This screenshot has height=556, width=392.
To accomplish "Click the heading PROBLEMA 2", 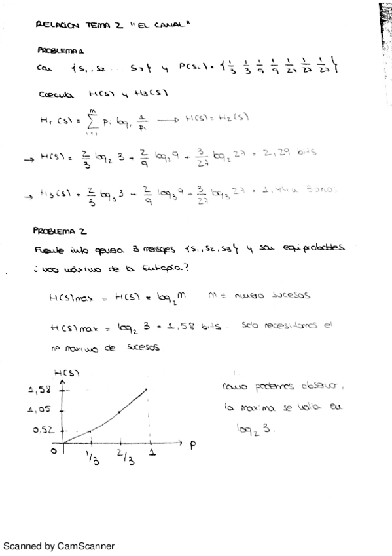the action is (60, 231).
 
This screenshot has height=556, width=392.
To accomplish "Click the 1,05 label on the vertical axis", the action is (40, 410).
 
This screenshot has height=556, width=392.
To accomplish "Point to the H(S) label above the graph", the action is (66, 372).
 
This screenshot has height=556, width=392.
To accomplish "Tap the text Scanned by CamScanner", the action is (59, 546).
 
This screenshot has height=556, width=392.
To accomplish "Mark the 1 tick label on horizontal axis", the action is (152, 453).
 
